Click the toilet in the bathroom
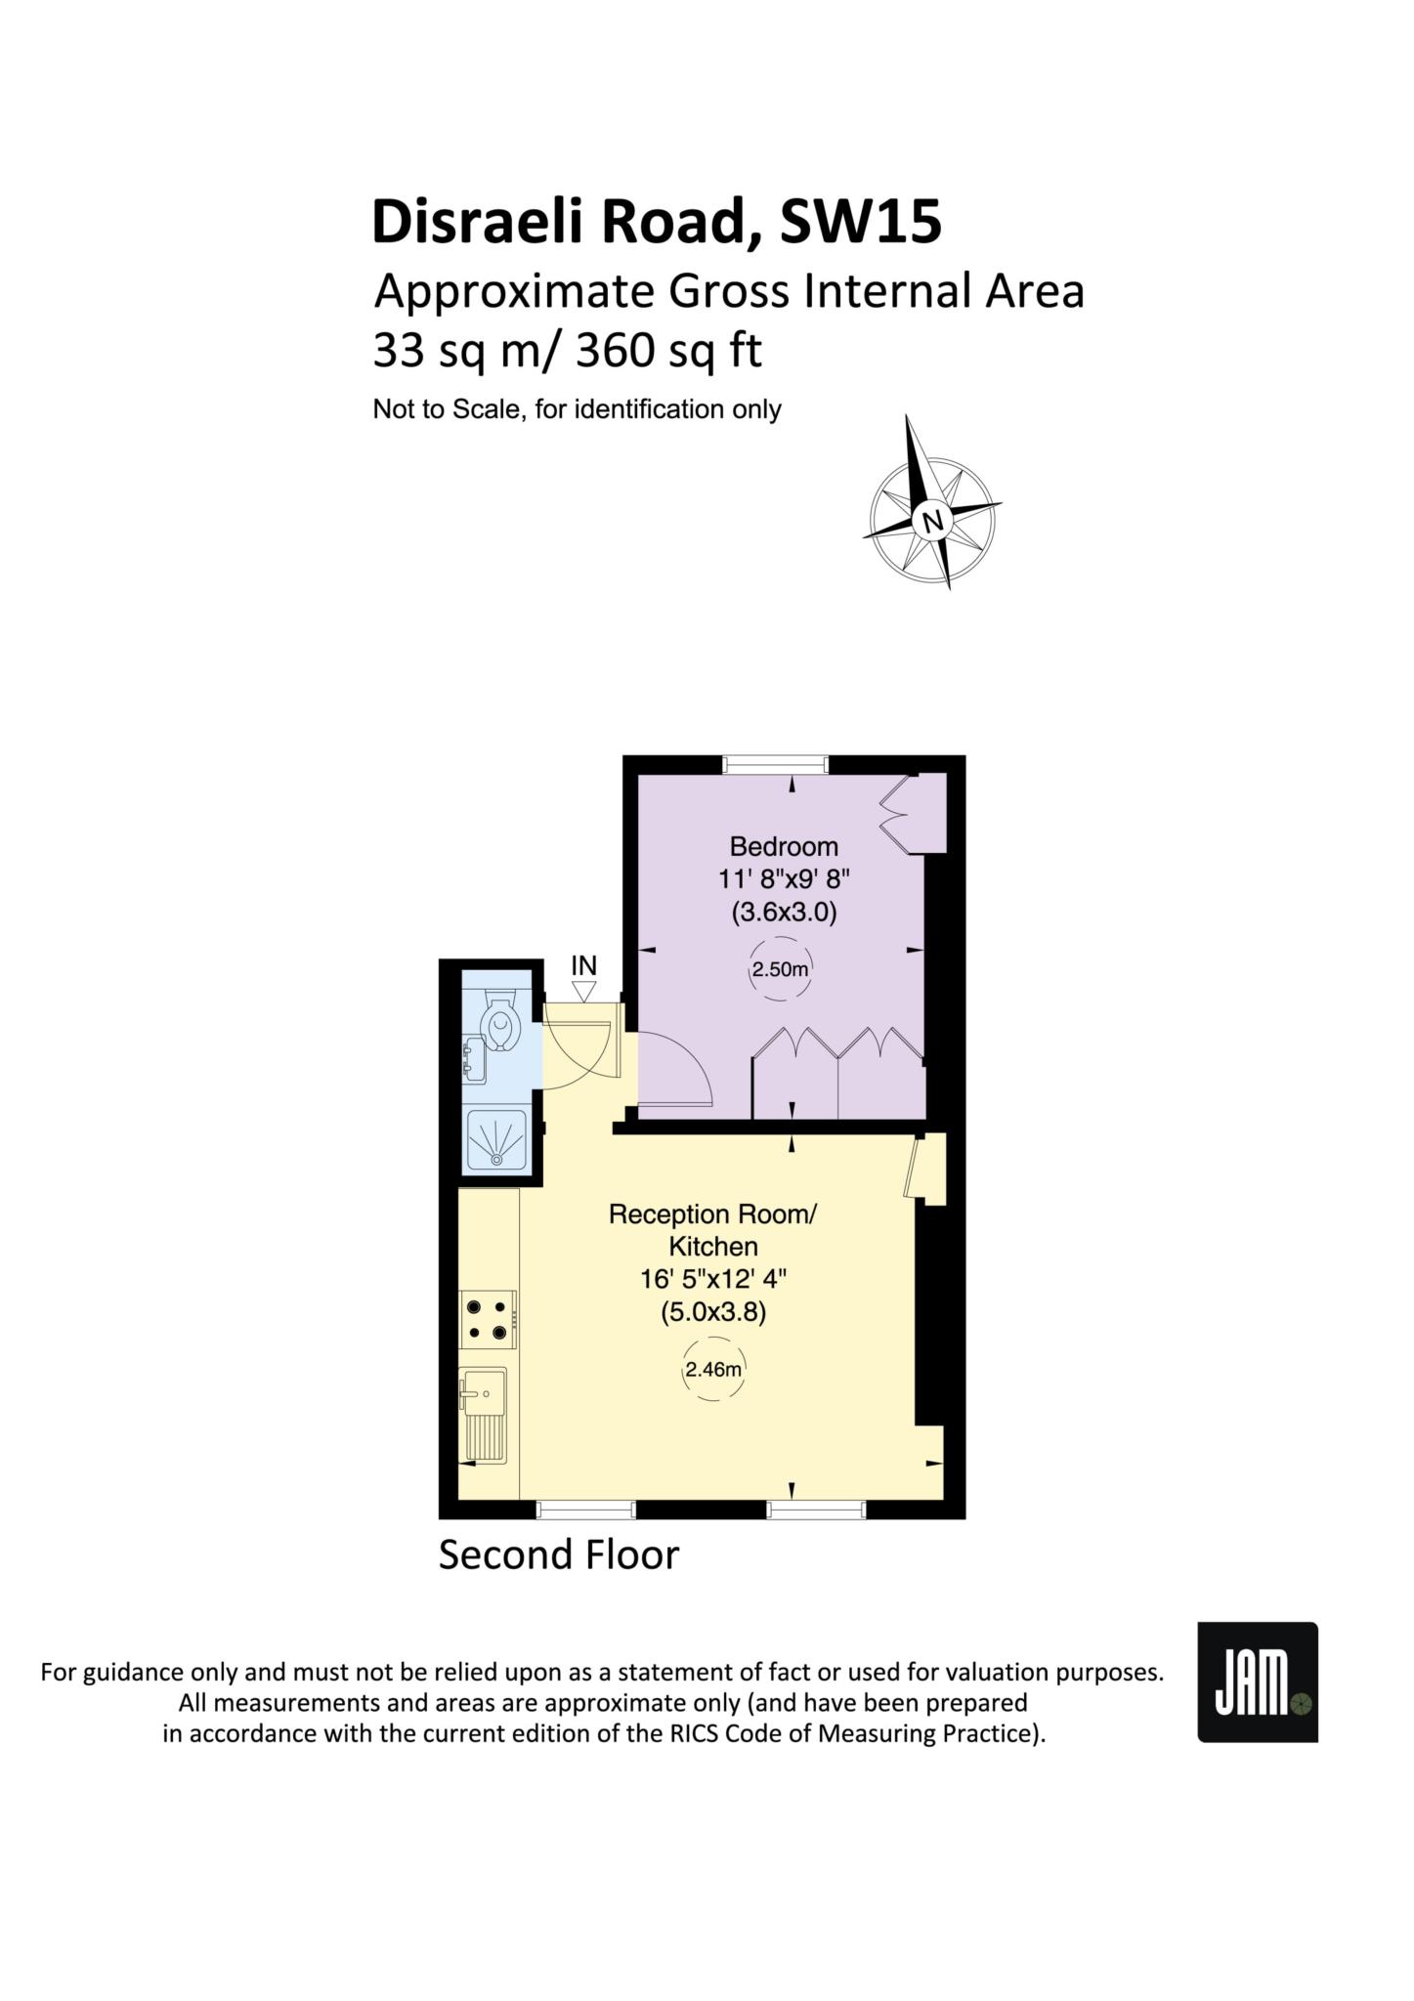click(501, 1022)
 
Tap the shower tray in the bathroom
click(497, 1140)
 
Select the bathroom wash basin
click(474, 1062)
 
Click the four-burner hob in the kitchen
click(489, 1319)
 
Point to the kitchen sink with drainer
click(483, 1415)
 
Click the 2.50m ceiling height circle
click(781, 969)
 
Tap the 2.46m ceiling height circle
click(713, 1369)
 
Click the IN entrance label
click(583, 965)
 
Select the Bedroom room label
click(784, 846)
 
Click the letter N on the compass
click(933, 520)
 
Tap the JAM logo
click(1258, 1682)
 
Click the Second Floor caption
click(558, 1554)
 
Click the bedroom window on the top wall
click(776, 764)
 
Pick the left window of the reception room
click(586, 1510)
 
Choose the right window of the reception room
click(817, 1510)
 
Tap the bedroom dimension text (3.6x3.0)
click(784, 913)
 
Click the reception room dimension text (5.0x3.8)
click(713, 1311)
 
